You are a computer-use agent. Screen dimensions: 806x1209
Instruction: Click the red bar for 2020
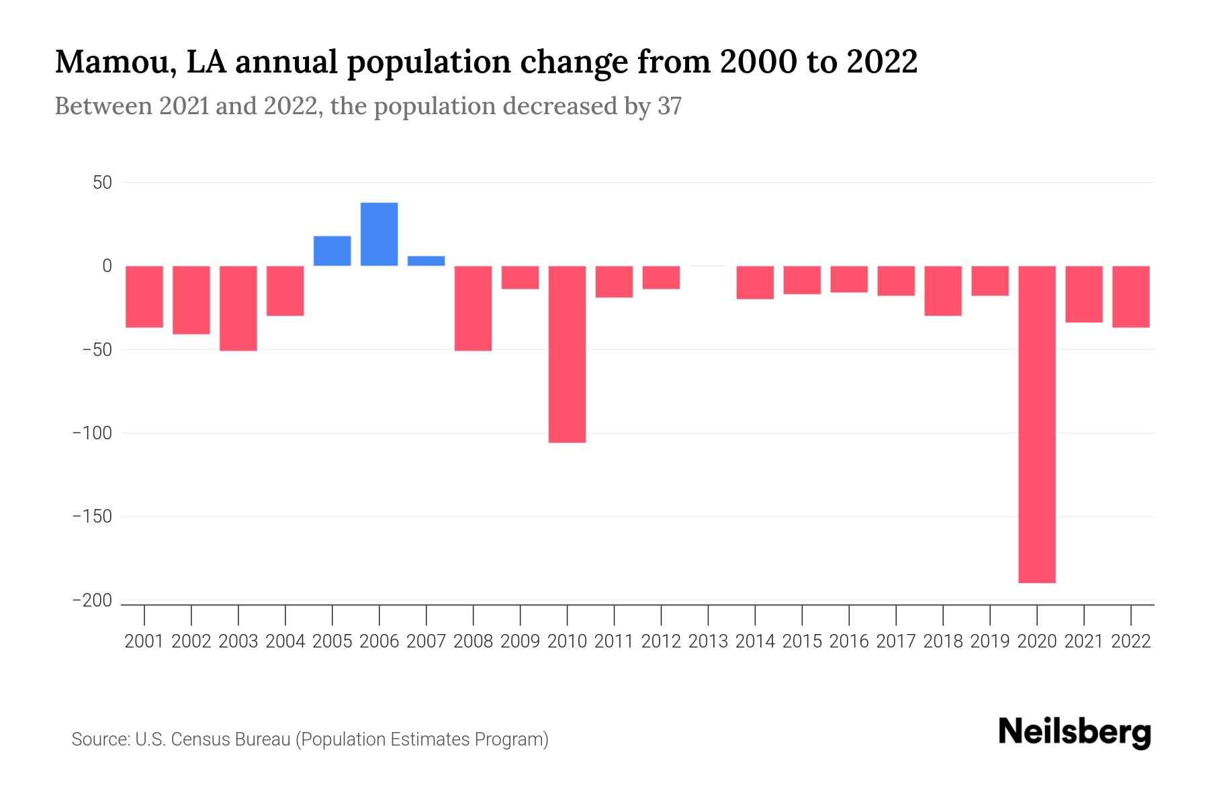1037,424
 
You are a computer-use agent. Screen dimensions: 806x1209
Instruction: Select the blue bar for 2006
379,234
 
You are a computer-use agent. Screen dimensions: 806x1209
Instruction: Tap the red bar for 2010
568,354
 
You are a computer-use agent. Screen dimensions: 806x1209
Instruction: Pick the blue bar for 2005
332,251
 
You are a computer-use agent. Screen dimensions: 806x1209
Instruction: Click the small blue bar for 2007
427,261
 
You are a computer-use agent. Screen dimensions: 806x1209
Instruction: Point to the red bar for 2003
238,308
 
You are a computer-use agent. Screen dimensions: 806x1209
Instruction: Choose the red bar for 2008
474,308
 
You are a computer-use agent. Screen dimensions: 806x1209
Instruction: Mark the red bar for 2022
1131,297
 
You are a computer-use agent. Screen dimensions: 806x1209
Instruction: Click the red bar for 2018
943,291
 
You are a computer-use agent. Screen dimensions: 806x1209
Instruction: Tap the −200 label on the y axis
92,601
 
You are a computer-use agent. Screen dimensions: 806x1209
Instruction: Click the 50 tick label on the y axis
102,183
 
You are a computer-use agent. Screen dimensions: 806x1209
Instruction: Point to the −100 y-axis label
92,434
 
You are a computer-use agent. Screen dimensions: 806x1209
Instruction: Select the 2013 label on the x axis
708,641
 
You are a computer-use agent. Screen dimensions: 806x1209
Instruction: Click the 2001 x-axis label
144,641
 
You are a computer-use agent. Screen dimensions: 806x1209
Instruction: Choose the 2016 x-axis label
849,641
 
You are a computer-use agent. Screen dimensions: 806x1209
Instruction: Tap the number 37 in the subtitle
669,106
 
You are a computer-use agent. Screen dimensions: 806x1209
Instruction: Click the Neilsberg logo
1075,733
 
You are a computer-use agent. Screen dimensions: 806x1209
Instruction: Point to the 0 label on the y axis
107,266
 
